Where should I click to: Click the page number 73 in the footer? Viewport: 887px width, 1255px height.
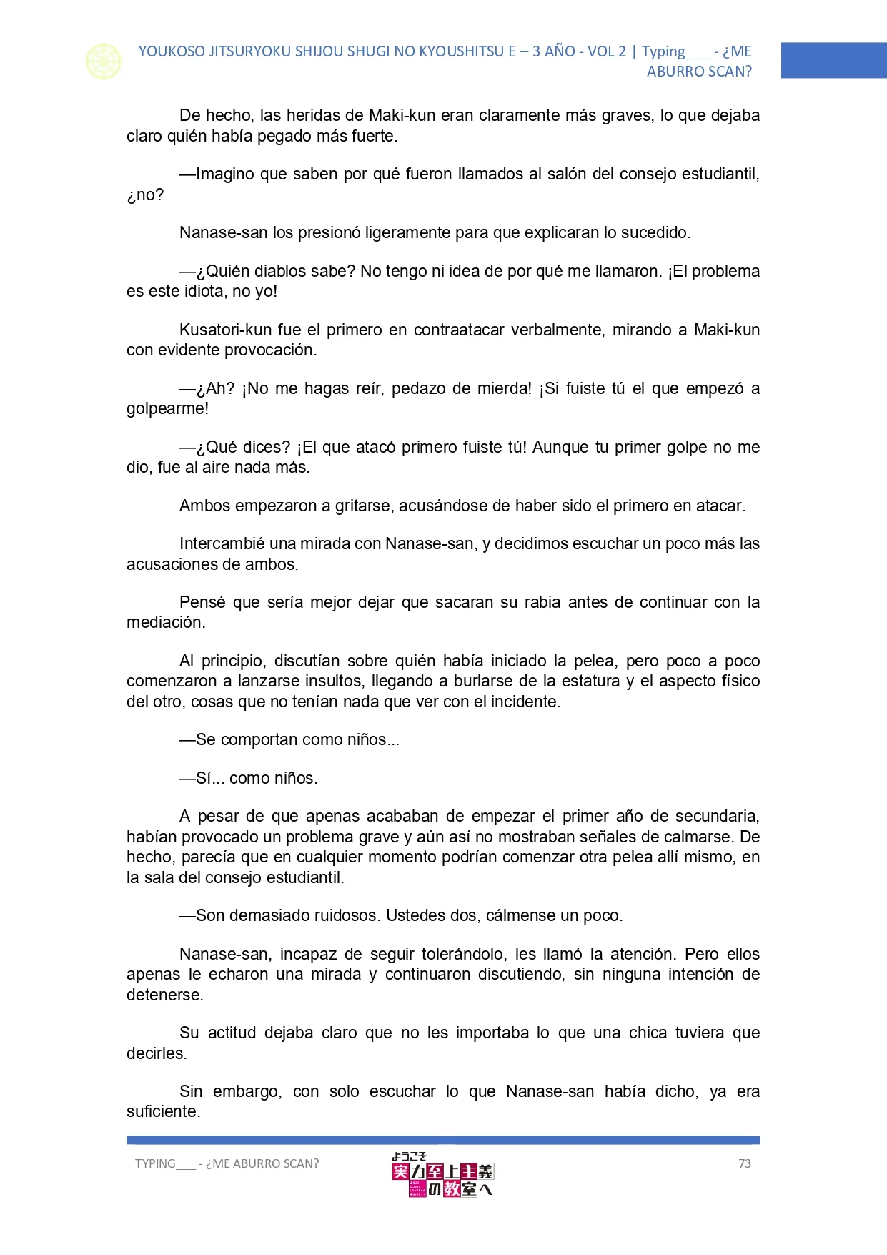point(744,1163)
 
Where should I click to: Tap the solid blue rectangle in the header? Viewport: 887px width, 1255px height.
point(833,60)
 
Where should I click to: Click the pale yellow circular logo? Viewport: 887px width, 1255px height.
point(104,61)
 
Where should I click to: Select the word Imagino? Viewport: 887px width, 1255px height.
point(224,174)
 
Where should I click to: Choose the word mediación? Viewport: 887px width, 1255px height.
point(166,622)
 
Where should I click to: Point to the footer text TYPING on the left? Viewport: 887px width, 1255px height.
point(155,1163)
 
